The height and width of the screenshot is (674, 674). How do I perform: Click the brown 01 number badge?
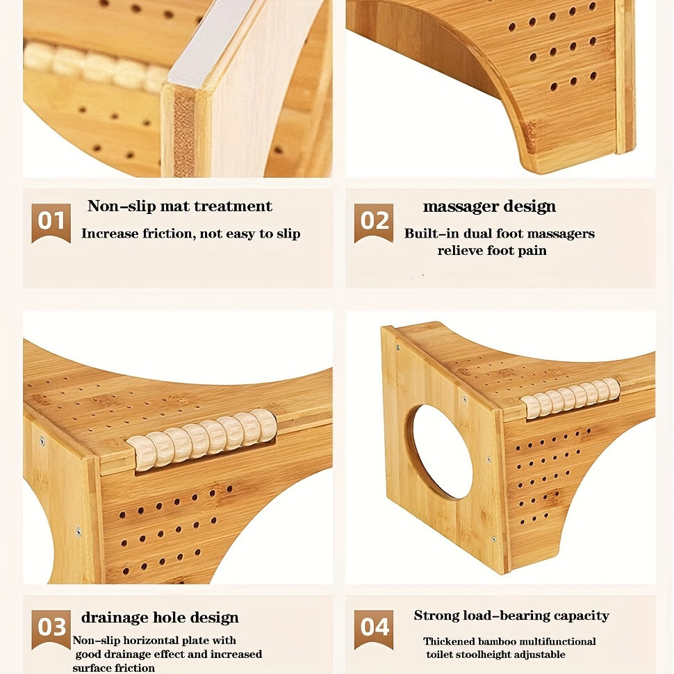51,222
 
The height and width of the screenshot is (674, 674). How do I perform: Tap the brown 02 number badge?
374,222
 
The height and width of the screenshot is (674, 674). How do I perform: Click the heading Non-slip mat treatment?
180,206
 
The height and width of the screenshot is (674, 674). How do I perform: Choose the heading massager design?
489,207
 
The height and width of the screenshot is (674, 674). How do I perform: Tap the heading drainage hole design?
160,618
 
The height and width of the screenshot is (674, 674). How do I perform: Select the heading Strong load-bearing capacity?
511,616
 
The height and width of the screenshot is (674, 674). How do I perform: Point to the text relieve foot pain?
492,251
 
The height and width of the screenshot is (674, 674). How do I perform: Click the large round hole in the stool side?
443,452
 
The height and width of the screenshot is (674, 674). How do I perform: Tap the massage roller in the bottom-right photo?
571,398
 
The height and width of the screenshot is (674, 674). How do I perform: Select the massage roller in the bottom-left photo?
202,439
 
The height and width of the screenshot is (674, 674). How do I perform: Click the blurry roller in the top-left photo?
92,67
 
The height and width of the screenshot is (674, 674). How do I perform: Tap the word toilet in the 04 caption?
440,655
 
